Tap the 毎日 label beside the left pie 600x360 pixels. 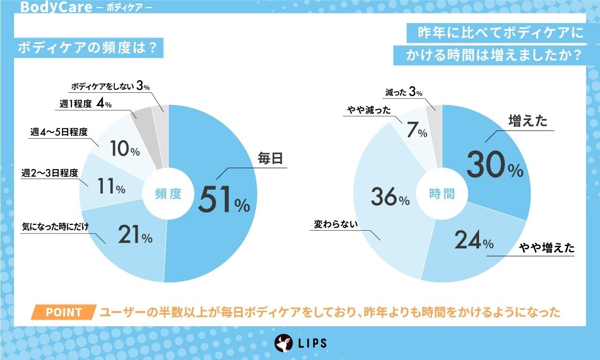pyautogui.click(x=271, y=159)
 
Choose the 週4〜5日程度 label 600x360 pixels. pyautogui.click(x=59, y=133)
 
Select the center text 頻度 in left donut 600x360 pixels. pyautogui.click(x=168, y=194)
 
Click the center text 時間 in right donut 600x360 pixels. pyautogui.click(x=442, y=194)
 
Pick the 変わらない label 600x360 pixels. pyautogui.click(x=336, y=225)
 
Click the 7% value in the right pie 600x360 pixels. pyautogui.click(x=417, y=131)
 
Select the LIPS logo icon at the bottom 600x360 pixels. pyautogui.click(x=284, y=343)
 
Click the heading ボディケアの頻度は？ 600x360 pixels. pyautogui.click(x=86, y=49)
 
